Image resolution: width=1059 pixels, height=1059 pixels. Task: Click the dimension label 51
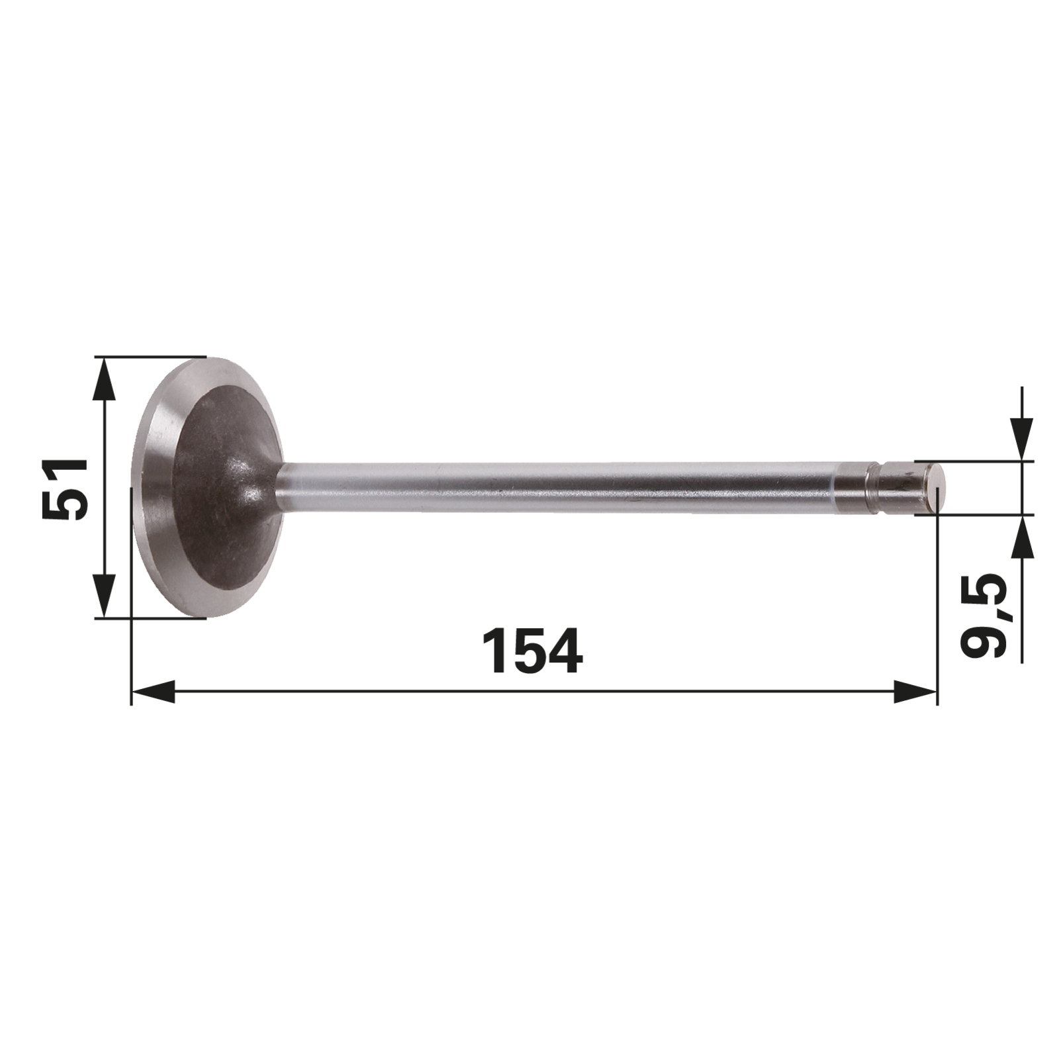click(65, 488)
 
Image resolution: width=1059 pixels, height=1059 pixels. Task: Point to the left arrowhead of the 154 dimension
click(154, 692)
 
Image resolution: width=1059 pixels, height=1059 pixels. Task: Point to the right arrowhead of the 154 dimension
click(915, 692)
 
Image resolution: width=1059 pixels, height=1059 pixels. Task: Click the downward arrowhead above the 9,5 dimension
click(1023, 438)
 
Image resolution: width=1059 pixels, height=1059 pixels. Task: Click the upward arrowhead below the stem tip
click(1023, 537)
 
